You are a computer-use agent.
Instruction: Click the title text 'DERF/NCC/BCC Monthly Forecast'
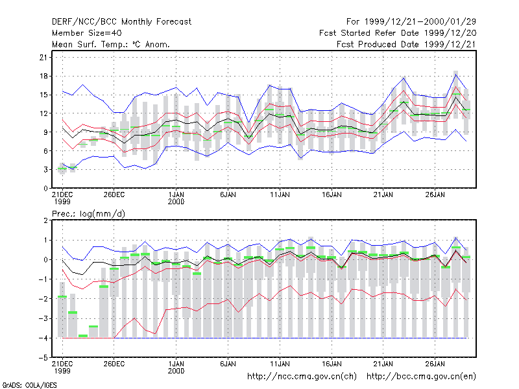pos(121,22)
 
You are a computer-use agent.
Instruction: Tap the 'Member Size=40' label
pos(87,33)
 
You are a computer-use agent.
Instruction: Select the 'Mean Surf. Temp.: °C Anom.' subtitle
pos(110,44)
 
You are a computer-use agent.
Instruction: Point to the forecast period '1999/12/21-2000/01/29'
pos(420,22)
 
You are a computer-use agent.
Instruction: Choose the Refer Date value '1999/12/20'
pos(450,33)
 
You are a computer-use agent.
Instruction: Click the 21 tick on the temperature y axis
pos(43,58)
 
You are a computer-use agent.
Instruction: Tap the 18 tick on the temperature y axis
pos(43,76)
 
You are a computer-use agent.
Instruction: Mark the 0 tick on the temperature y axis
pos(45,189)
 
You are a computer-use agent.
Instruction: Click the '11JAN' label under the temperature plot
pos(280,195)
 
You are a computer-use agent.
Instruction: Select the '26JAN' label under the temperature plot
pos(435,195)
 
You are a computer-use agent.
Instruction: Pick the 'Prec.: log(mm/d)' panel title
pos(88,214)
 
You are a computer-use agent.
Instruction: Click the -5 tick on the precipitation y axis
pos(43,358)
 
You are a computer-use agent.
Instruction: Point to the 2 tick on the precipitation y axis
pos(45,220)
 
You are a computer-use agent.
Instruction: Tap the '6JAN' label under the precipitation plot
pos(228,364)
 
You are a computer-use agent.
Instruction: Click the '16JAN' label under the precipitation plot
pos(332,364)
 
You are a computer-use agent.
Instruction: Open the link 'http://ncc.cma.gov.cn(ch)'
pos(302,377)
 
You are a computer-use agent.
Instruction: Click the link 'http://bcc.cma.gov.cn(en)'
pos(421,377)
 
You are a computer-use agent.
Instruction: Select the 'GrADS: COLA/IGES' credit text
pos(29,385)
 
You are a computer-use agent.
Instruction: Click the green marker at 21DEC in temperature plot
pos(62,169)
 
